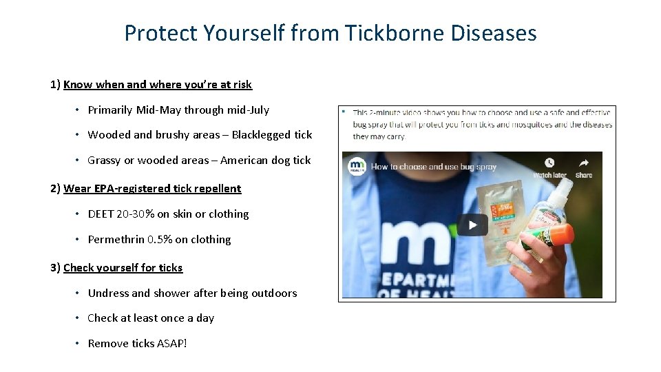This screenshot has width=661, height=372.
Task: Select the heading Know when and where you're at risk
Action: click(x=157, y=85)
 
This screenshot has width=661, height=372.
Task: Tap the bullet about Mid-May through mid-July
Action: click(x=178, y=110)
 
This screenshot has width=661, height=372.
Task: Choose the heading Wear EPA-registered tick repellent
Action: click(x=152, y=189)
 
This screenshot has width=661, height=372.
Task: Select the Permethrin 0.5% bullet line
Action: click(x=159, y=240)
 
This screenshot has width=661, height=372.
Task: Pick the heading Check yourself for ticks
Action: click(x=123, y=268)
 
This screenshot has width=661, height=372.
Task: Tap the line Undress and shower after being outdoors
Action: click(x=192, y=293)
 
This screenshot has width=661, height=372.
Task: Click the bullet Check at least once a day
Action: click(x=151, y=318)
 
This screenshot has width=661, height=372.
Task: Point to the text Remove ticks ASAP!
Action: click(x=137, y=344)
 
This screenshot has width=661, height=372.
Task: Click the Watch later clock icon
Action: click(x=549, y=163)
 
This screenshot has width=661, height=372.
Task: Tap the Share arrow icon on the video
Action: click(x=584, y=163)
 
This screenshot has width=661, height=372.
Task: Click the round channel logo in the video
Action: click(x=357, y=167)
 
